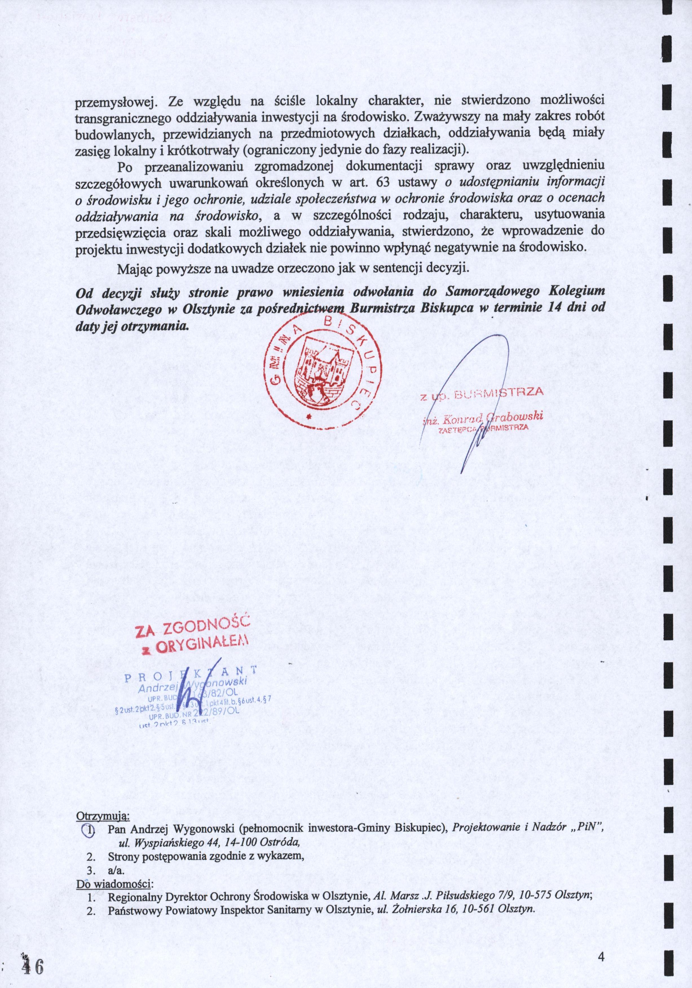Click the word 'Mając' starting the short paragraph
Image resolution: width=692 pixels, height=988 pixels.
point(133,269)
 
